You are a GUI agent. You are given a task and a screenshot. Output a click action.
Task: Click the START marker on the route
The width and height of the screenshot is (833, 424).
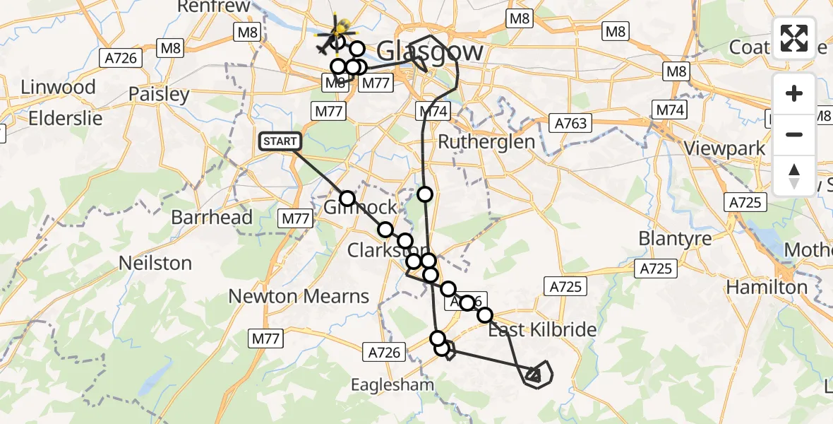(280, 141)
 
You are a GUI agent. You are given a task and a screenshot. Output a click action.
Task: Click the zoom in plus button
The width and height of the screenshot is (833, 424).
(794, 94)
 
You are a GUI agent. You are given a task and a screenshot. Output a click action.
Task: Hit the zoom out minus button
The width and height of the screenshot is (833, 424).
(794, 134)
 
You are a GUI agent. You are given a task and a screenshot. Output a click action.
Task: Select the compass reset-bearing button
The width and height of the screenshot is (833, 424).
(794, 175)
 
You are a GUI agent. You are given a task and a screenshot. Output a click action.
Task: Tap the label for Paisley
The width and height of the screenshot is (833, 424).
(159, 95)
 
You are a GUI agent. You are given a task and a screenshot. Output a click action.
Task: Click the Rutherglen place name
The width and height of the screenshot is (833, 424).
(486, 141)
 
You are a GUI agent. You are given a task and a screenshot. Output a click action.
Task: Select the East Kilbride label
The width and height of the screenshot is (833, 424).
(542, 329)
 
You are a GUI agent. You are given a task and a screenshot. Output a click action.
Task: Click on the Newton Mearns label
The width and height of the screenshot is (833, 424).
(299, 296)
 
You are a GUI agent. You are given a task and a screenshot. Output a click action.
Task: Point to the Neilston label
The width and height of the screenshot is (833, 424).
(155, 263)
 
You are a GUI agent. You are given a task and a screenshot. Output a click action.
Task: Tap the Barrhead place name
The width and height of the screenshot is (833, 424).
(212, 217)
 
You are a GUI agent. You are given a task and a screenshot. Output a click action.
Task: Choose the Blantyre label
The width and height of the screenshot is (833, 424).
(675, 239)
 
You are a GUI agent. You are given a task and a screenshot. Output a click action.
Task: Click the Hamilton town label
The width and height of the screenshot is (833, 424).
(767, 287)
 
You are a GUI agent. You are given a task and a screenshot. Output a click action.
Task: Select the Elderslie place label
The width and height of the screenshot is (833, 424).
(66, 118)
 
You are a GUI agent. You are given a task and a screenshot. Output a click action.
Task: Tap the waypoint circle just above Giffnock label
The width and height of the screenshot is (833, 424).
(347, 199)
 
